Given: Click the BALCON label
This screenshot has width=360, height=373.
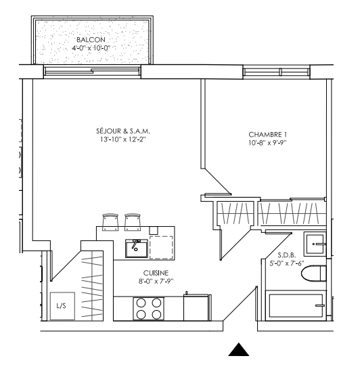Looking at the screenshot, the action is coord(91,39).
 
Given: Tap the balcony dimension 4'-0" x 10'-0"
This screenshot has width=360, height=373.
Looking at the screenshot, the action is coord(91,48).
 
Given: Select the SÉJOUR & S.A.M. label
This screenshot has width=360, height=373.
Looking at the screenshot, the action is coord(123,131).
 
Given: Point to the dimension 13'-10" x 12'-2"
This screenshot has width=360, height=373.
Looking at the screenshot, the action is coord(122,139).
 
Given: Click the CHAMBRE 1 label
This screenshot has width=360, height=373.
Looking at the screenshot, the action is coord(267,135).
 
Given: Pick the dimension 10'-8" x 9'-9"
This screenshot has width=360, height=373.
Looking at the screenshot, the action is coord(267,143).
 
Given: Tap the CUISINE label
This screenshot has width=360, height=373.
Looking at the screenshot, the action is coord(156,273).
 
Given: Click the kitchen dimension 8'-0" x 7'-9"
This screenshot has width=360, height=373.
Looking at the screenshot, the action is coord(156,281).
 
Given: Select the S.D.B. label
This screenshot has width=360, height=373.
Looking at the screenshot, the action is coord(287,255).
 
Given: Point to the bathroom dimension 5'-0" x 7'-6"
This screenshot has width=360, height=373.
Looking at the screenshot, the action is coord(287,263).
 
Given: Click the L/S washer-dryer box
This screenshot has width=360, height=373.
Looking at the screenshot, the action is coord(62,306).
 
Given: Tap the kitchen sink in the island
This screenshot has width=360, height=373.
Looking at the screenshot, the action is coord(137,248).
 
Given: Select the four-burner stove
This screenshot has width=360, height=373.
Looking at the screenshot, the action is coord(149,309).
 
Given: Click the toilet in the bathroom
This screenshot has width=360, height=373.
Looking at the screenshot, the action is coord(314,273).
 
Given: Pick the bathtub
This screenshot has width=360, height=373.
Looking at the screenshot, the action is coord(296,305).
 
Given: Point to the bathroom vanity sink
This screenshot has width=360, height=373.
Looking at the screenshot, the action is coord(315,244).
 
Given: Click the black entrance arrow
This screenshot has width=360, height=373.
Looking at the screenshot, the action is coord(239,350).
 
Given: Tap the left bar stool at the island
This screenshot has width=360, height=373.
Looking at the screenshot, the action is coord(110,222).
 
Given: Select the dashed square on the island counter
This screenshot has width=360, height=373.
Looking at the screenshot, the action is coord(161,247).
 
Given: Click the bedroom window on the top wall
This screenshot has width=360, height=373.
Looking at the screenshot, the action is coord(276,72).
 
